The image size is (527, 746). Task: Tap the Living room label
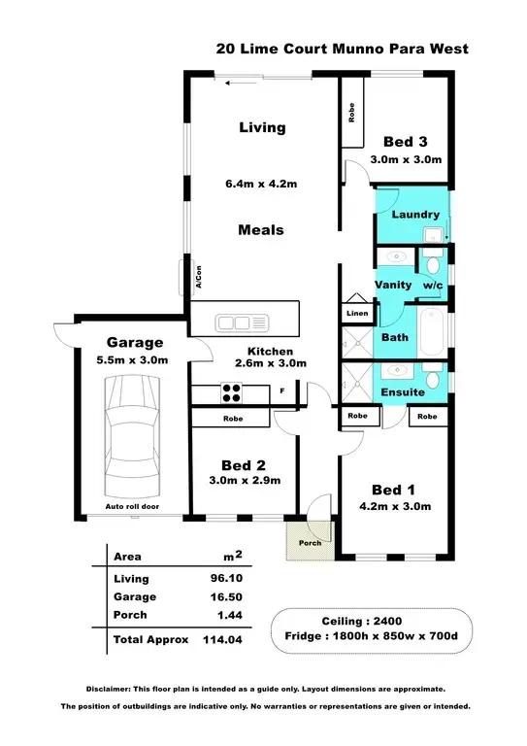(263, 127)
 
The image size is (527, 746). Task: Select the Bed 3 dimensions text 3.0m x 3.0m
(407, 159)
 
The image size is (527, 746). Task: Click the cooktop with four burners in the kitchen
(233, 393)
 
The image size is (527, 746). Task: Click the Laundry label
(415, 215)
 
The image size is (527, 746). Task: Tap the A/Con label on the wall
(196, 276)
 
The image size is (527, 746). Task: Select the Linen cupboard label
(355, 314)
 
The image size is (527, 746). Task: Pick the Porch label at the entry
(310, 543)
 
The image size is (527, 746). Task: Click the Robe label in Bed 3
(351, 112)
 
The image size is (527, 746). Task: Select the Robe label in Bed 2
(231, 419)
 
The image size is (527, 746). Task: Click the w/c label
(432, 285)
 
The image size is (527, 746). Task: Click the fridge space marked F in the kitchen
(281, 392)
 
